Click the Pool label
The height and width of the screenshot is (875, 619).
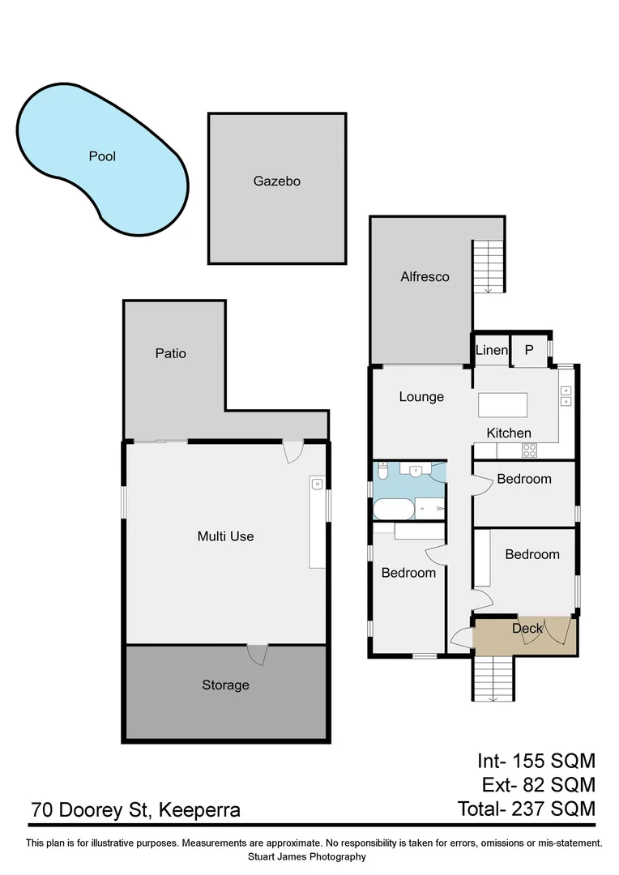[102, 156]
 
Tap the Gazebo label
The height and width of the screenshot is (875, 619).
[277, 181]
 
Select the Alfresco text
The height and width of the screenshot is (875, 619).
[425, 277]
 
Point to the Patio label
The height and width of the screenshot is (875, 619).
[171, 353]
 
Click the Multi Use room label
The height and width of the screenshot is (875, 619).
[226, 536]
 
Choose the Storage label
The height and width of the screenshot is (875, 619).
[225, 685]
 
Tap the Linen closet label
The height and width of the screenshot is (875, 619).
[491, 350]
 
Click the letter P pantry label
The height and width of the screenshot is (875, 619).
[529, 350]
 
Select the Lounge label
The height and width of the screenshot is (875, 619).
[421, 397]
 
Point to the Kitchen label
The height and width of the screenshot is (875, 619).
[509, 433]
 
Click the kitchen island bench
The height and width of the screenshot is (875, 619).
[502, 403]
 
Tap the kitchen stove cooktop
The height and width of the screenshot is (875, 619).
[529, 451]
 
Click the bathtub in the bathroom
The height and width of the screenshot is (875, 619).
[392, 510]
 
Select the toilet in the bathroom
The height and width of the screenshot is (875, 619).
[383, 469]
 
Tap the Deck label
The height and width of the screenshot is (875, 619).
[527, 629]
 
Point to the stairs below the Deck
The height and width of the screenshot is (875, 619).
[493, 677]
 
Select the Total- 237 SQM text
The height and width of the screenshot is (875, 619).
[526, 809]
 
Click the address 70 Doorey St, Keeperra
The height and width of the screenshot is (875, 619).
[135, 809]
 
